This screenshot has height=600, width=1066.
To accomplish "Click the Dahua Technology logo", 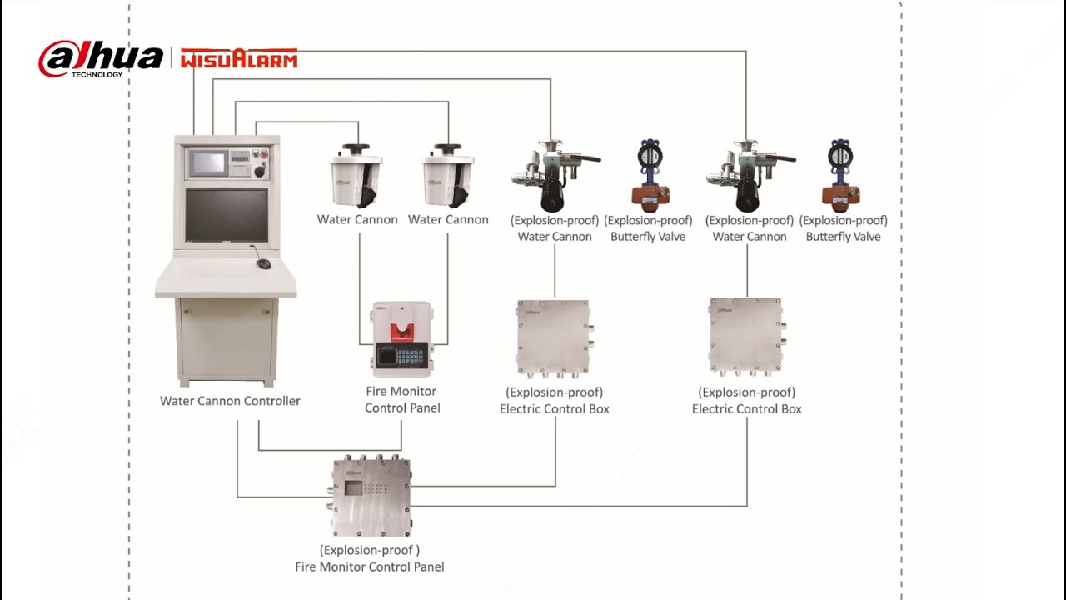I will pyautogui.click(x=100, y=58).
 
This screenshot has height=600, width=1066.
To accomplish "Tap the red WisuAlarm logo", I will pyautogui.click(x=239, y=58).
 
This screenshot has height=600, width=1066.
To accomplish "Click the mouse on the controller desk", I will pyautogui.click(x=263, y=263).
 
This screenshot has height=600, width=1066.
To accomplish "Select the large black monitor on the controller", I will pyautogui.click(x=226, y=215).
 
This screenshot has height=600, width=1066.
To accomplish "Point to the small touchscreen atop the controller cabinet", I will pyautogui.click(x=207, y=162).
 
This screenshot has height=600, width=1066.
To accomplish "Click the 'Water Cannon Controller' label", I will pyautogui.click(x=230, y=401).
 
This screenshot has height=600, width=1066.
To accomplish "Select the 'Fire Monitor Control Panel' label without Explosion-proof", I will pyautogui.click(x=402, y=399).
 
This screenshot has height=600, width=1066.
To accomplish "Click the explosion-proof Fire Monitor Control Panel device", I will pyautogui.click(x=371, y=497).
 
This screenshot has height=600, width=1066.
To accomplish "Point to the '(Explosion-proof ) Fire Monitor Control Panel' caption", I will pyautogui.click(x=370, y=558).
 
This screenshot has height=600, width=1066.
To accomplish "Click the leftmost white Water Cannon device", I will pyautogui.click(x=356, y=177).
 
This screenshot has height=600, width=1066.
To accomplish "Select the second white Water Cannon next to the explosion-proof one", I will pyautogui.click(x=447, y=177).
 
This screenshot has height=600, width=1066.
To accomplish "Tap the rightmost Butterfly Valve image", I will pyautogui.click(x=841, y=175).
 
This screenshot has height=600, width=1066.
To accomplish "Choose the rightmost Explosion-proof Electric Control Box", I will pyautogui.click(x=746, y=337).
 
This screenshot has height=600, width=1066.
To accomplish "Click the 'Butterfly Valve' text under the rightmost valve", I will pyautogui.click(x=843, y=237).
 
